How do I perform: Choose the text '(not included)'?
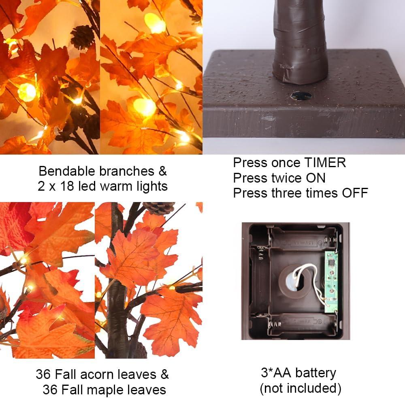(x=300, y=388)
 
